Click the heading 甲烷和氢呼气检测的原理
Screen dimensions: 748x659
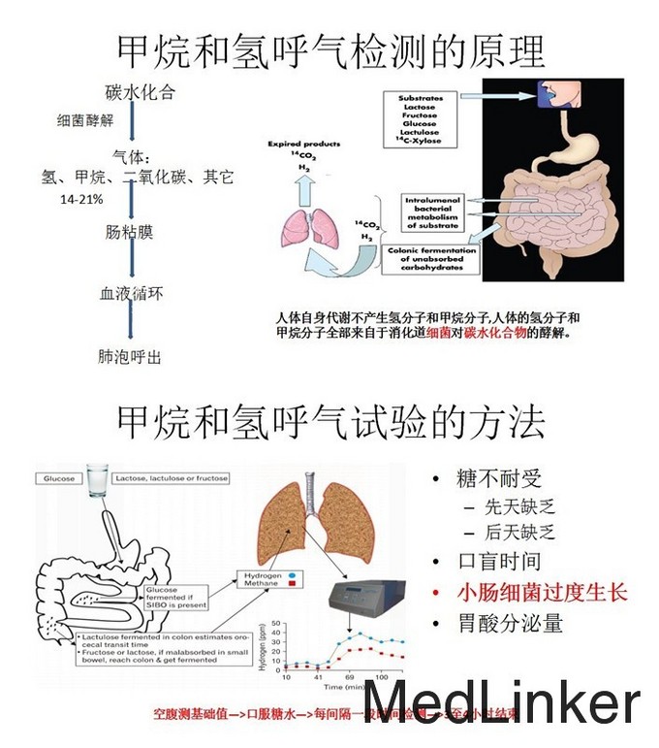(329, 49)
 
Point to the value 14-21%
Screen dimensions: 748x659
(82, 198)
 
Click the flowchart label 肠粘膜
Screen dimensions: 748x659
(129, 233)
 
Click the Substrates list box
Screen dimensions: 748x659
(420, 119)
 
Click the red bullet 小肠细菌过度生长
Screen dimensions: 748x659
(543, 592)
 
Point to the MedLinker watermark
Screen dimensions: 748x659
(501, 702)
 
